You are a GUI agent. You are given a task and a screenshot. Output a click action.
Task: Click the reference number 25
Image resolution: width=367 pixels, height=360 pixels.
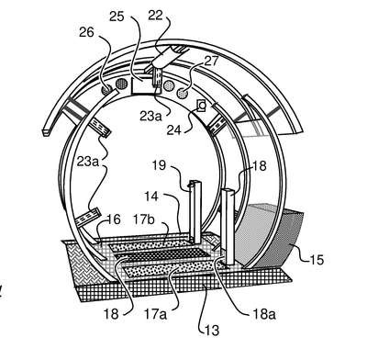(x=117, y=17)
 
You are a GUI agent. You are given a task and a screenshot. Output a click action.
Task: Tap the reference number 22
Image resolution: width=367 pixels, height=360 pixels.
(x=155, y=16)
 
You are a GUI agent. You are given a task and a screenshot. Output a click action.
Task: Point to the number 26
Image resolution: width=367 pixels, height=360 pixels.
(x=86, y=32)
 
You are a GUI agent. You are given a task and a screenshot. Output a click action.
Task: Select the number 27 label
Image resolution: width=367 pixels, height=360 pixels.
(x=212, y=61)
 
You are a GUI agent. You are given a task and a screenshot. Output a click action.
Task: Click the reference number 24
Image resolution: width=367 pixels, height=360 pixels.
(x=174, y=130)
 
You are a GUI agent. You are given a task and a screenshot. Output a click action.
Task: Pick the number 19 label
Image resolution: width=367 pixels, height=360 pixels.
(x=159, y=165)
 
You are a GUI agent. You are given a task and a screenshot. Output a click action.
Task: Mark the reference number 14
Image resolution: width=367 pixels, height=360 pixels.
(x=151, y=197)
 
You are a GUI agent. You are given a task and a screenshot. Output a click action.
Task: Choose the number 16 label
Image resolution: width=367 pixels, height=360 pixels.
(x=114, y=219)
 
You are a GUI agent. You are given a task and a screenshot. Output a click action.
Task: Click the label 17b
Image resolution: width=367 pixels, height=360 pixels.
(x=144, y=219)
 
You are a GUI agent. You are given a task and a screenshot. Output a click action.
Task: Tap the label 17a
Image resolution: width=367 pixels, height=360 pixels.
(x=156, y=314)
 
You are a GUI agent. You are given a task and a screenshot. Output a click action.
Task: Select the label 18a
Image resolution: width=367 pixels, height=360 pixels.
(x=264, y=314)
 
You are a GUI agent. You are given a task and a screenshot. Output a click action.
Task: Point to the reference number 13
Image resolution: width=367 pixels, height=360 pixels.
(x=213, y=331)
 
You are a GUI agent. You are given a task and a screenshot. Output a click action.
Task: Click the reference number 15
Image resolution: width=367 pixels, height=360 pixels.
(x=317, y=260)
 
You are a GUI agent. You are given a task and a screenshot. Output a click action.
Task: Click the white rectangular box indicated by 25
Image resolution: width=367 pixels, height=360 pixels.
(x=142, y=85)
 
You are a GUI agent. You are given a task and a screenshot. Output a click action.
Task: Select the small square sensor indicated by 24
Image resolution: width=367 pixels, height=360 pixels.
(x=202, y=107)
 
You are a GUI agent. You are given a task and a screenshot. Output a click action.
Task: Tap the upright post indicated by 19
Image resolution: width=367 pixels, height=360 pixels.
(x=195, y=211)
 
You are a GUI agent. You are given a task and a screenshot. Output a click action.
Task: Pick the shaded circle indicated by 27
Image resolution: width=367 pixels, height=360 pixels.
(x=183, y=94)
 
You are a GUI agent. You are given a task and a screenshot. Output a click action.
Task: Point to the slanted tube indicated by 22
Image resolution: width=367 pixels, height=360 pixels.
(x=165, y=58)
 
